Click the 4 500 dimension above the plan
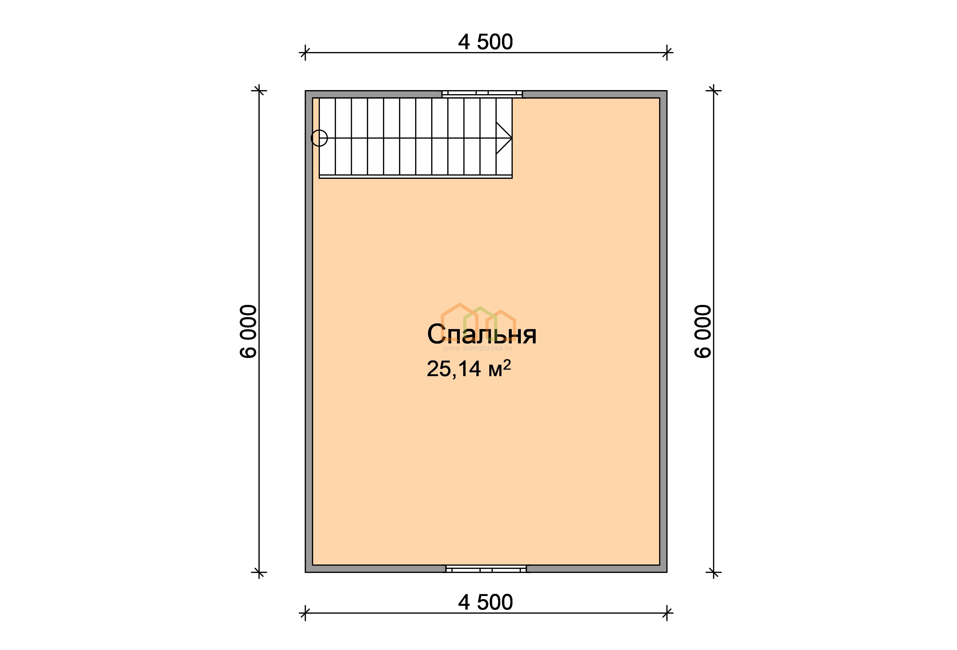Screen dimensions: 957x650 pyautogui.click(x=485, y=42)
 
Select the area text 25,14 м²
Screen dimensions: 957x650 pyautogui.click(x=469, y=368)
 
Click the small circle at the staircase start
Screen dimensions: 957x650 pyautogui.click(x=319, y=138)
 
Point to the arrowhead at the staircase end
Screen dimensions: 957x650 pyautogui.click(x=504, y=138)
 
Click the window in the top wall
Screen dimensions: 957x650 pyautogui.click(x=482, y=94)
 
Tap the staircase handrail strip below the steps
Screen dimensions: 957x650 pyautogui.click(x=416, y=177)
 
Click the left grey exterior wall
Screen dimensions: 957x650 pyautogui.click(x=309, y=331)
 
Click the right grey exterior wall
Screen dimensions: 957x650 pyautogui.click(x=663, y=331)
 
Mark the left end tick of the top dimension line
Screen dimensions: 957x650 pyautogui.click(x=305, y=53)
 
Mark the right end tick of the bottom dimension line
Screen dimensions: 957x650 pyautogui.click(x=667, y=613)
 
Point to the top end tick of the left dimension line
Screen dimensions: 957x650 pyautogui.click(x=259, y=91)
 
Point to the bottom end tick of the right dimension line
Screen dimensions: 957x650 pyautogui.click(x=714, y=572)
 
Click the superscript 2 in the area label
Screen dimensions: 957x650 pyautogui.click(x=507, y=364)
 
